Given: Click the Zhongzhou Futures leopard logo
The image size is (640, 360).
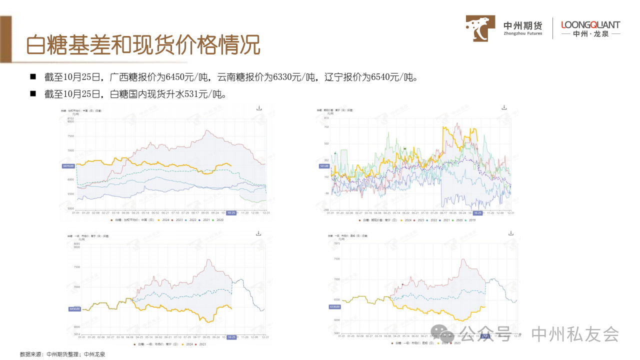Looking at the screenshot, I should tap(480, 28).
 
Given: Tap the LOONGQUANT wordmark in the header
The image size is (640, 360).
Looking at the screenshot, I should tap(590, 24).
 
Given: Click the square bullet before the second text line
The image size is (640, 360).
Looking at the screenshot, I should tap(33, 93).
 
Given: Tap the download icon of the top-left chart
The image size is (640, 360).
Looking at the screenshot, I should tap(259, 108).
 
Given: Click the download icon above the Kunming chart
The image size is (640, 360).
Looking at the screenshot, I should tap(511, 233).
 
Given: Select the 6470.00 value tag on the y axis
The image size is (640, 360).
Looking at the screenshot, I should tap(68, 166).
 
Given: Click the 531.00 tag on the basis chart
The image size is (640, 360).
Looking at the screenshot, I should tap(323, 166).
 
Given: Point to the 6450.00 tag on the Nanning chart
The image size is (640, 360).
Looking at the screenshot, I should tap(74, 309).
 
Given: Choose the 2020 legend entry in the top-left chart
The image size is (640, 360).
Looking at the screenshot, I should tap(218, 220).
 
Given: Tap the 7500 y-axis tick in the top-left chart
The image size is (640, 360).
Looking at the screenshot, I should tap(70, 136).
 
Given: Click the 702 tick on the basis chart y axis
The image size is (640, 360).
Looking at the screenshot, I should tap(326, 127).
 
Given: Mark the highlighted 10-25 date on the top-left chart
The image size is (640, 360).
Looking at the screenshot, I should tap(231, 212).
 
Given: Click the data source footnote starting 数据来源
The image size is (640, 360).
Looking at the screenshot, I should tap(62, 354).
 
